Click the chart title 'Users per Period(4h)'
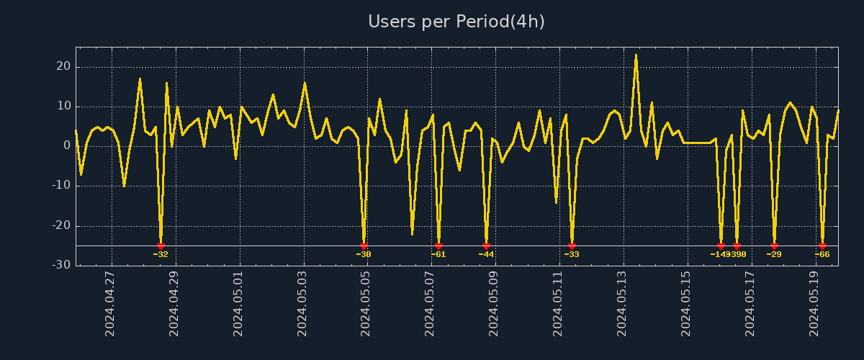click(x=456, y=22)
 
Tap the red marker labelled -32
click(x=161, y=246)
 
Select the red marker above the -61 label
click(x=438, y=246)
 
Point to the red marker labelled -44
click(x=486, y=246)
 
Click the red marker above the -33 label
click(x=572, y=246)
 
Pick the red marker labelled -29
click(x=774, y=246)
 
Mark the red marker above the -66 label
click(x=822, y=246)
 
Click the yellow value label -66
click(x=822, y=254)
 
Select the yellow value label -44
click(x=486, y=254)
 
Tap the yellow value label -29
click(x=774, y=254)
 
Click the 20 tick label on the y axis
click(x=63, y=66)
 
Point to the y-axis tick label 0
click(x=67, y=145)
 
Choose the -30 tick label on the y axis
click(x=61, y=265)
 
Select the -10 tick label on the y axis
click(x=61, y=186)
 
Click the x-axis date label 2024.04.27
click(x=110, y=303)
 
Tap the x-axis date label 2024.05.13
click(x=623, y=303)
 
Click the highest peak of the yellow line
click(x=636, y=55)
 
